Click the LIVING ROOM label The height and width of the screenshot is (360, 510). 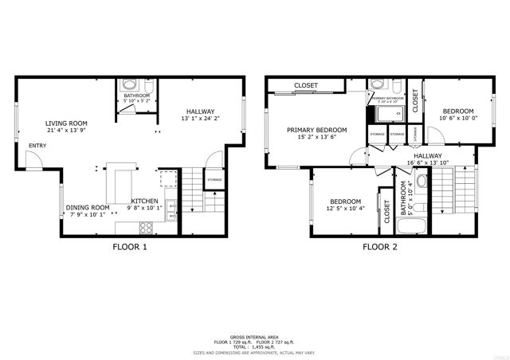tap(66, 123)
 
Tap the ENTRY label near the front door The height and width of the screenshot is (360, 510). tap(37, 146)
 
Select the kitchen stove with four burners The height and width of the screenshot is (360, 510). tap(147, 226)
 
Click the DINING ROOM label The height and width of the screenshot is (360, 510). tap(88, 208)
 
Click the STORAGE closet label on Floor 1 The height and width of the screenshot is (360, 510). tap(214, 180)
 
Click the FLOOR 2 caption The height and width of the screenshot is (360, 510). tap(380, 247)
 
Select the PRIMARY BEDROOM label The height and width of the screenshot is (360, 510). tap(317, 130)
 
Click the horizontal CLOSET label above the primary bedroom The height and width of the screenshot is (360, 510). tap(306, 85)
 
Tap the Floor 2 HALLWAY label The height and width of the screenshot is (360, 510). tap(427, 156)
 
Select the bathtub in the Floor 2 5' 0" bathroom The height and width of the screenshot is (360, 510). tap(406, 229)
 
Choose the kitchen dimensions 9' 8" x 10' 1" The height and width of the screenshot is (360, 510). tap(143, 209)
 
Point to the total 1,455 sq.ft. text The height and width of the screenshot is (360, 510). tap(254, 346)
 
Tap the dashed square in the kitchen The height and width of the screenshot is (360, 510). tap(167, 178)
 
